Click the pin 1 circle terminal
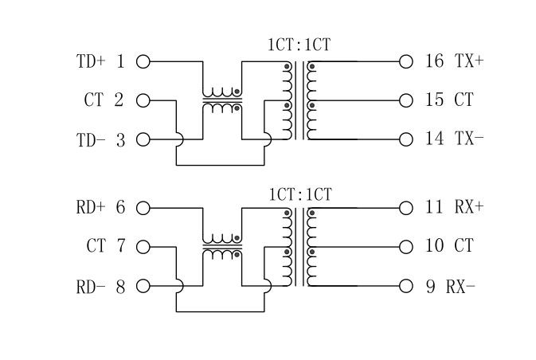click(143, 61)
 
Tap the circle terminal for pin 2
click(143, 100)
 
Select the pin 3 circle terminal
click(143, 140)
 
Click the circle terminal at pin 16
click(406, 61)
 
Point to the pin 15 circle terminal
click(406, 100)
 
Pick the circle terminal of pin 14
click(406, 140)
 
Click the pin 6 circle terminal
click(143, 208)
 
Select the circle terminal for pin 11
click(406, 208)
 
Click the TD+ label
click(91, 61)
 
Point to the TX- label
click(469, 139)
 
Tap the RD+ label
click(91, 208)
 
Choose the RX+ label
click(469, 208)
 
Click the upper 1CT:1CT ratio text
click(299, 45)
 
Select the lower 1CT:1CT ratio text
click(299, 194)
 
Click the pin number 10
click(434, 247)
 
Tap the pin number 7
click(120, 247)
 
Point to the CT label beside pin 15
click(464, 100)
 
